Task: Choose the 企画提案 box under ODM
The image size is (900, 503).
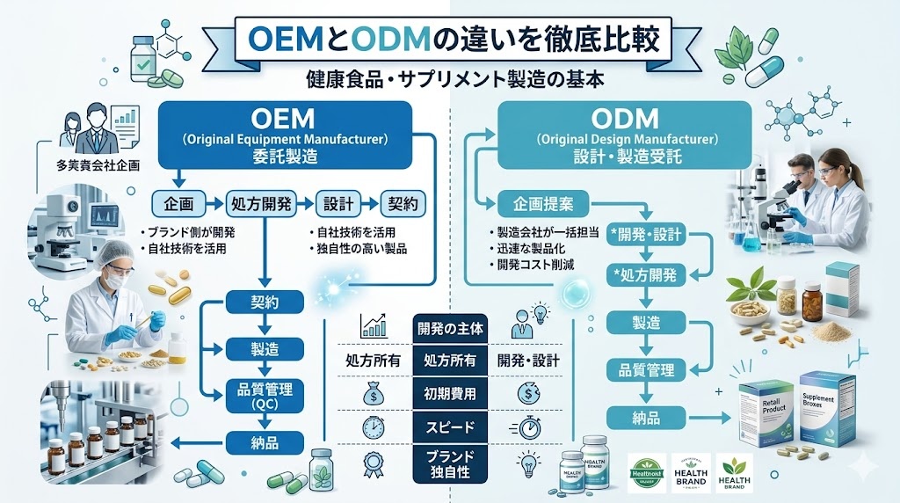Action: [x=542, y=204]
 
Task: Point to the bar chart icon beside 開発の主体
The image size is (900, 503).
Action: [x=374, y=326]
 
